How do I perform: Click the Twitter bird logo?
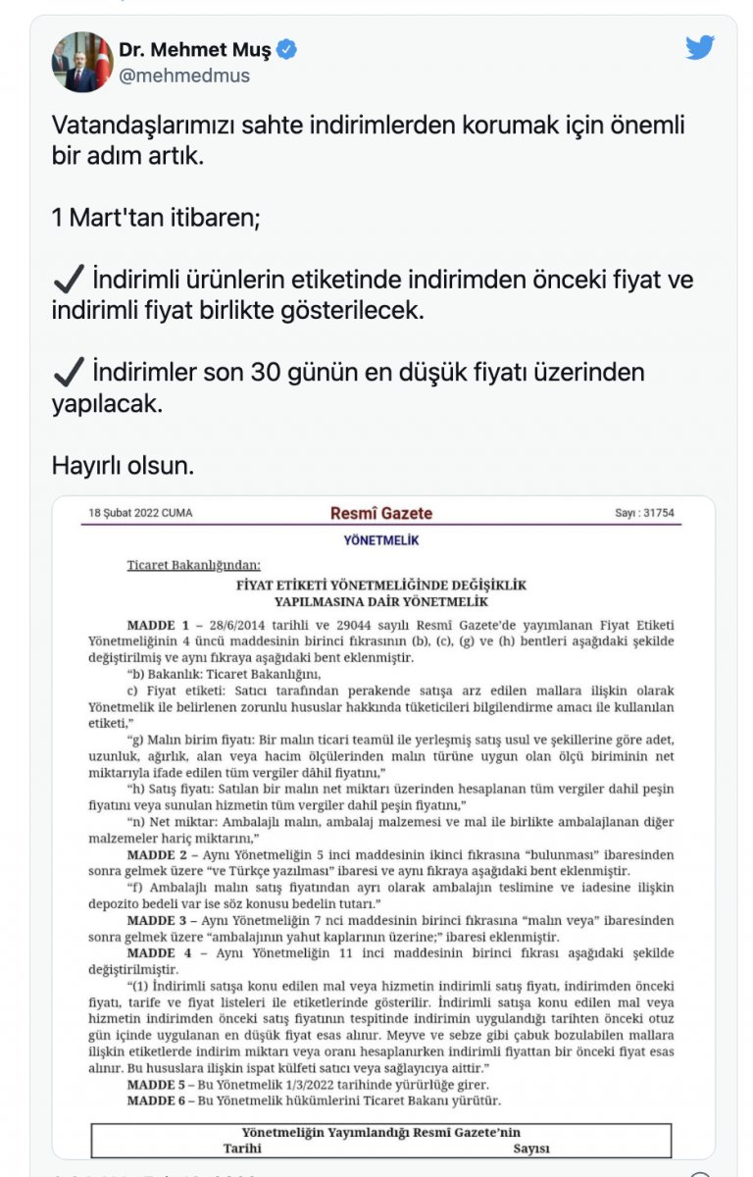(700, 47)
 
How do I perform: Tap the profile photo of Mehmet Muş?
(82, 62)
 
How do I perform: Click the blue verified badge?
(287, 49)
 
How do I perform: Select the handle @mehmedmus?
(184, 76)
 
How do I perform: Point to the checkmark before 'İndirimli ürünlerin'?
(69, 280)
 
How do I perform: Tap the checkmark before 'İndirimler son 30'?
(69, 373)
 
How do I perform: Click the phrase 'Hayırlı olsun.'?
(123, 465)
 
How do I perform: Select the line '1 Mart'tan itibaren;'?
(156, 218)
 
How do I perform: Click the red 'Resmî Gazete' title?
(381, 513)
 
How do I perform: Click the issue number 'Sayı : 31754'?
(644, 513)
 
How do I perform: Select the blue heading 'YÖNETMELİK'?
(381, 540)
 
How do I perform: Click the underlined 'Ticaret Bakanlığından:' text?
(194, 565)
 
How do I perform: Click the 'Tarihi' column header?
(242, 1149)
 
